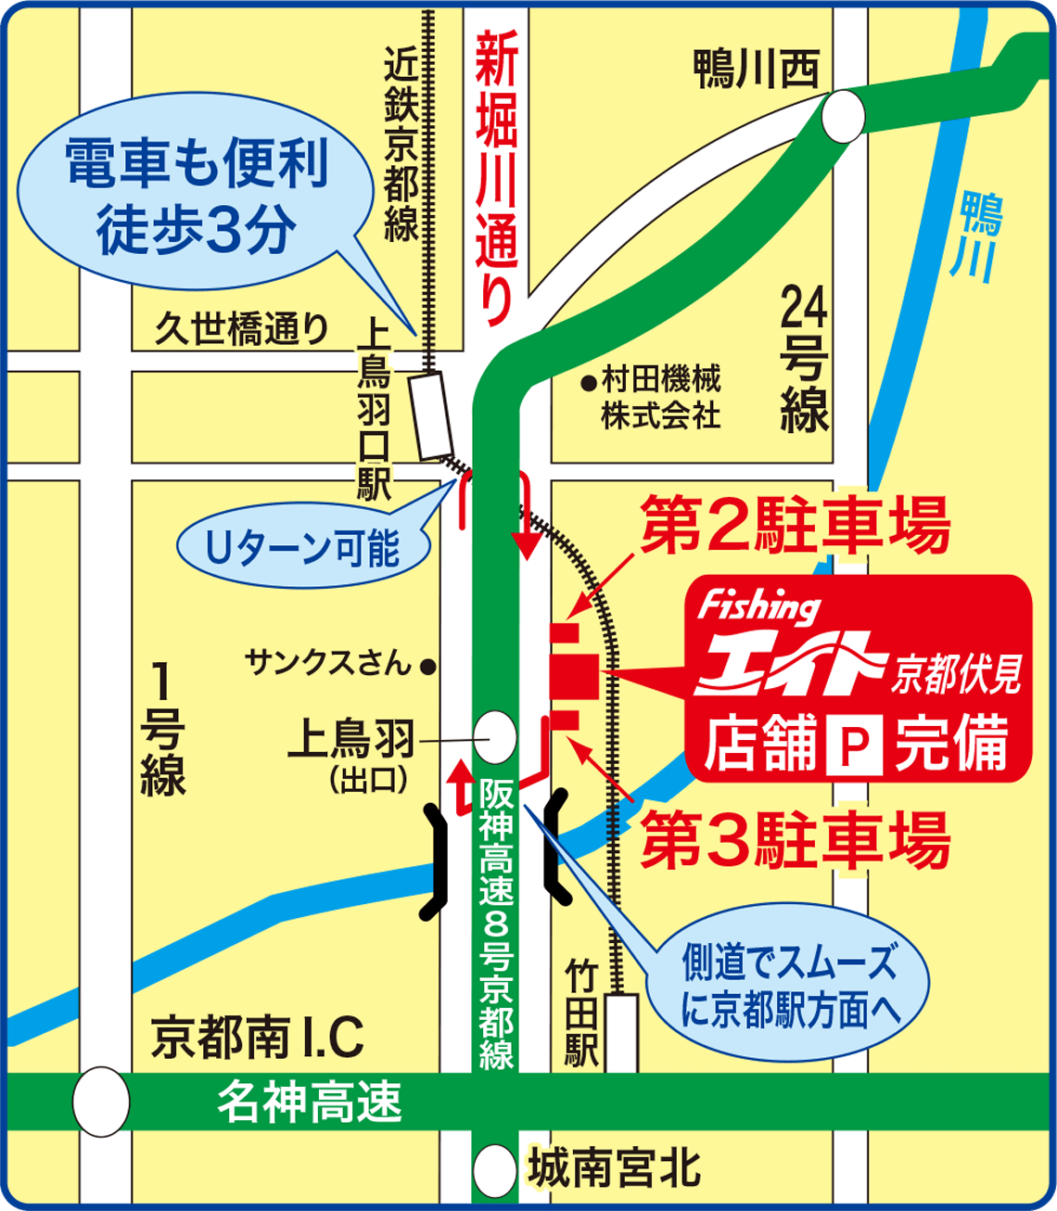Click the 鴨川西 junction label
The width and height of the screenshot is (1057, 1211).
tap(757, 70)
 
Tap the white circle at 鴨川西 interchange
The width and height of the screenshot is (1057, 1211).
tap(843, 117)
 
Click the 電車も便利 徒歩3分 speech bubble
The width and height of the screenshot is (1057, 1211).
tap(197, 198)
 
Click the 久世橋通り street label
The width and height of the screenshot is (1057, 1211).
tap(241, 329)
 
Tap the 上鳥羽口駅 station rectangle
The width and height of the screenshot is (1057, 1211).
tap(433, 416)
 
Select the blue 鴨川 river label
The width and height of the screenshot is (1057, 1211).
tap(979, 236)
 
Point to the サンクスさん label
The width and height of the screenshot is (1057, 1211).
tap(328, 663)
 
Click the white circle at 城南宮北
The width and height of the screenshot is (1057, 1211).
tap(494, 1170)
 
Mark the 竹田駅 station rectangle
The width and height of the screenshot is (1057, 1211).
tap(622, 1032)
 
